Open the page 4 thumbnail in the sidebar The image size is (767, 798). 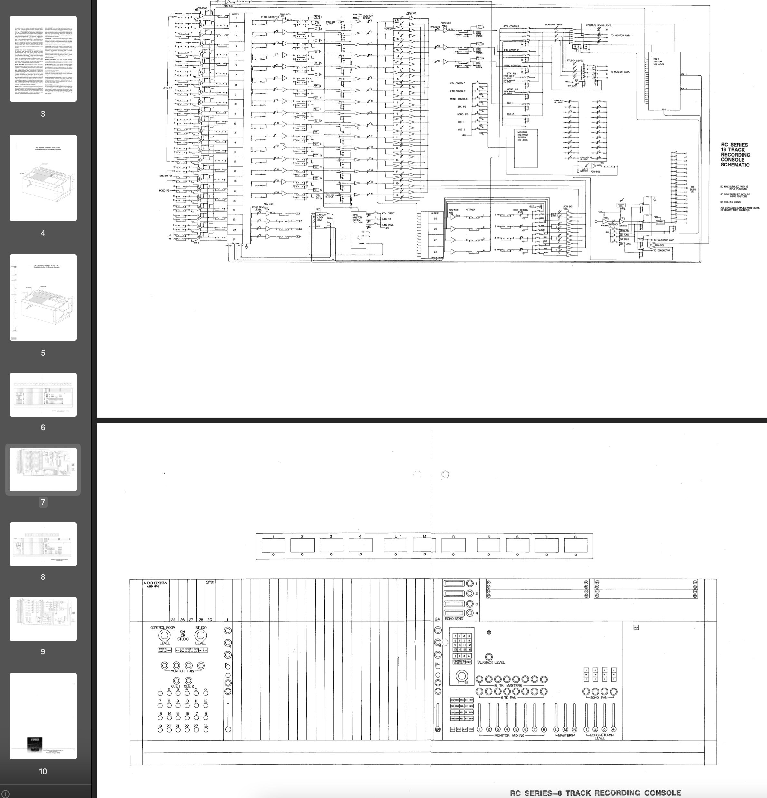(43, 178)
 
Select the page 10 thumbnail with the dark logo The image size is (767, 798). (43, 716)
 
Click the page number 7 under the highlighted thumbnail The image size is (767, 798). (43, 502)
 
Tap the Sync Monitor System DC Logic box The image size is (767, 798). (358, 229)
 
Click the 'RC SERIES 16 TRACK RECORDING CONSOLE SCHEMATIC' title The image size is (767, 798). (735, 155)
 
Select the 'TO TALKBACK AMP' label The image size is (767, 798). (663, 240)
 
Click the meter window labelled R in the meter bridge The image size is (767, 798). (453, 545)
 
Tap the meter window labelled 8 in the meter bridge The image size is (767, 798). (575, 545)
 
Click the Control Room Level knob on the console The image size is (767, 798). (164, 635)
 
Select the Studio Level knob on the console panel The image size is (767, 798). (200, 635)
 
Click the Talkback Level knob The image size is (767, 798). (489, 657)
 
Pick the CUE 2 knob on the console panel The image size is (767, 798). (188, 680)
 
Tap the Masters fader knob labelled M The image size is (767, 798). (565, 729)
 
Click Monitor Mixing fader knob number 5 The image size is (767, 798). (516, 729)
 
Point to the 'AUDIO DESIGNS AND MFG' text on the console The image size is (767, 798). (155, 585)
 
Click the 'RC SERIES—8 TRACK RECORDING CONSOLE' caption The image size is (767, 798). (595, 792)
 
